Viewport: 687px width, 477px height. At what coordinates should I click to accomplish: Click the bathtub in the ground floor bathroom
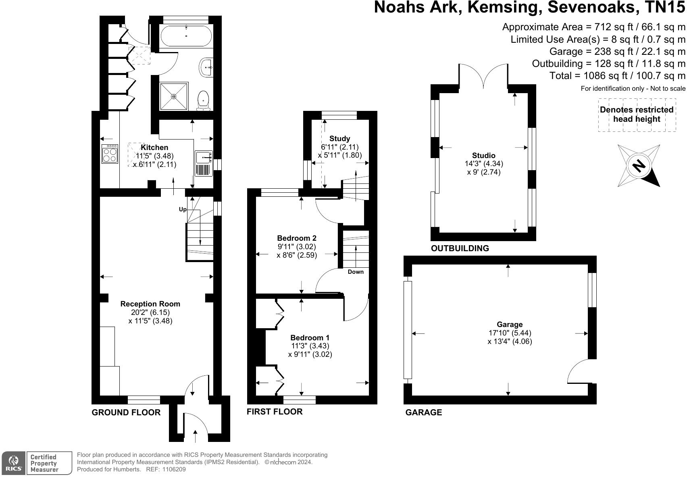point(186,35)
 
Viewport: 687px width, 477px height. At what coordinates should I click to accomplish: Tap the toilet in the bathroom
point(203,100)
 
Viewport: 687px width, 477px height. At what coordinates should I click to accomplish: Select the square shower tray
point(174,96)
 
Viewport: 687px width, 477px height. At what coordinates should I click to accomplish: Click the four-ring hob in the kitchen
point(110,154)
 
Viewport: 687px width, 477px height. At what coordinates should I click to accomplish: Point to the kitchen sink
point(204,163)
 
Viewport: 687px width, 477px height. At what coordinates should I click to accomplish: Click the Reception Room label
point(150,304)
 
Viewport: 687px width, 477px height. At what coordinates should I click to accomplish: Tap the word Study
point(339,138)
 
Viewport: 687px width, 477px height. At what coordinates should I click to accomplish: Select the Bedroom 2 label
point(297,238)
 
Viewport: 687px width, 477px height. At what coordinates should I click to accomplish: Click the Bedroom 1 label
point(310,337)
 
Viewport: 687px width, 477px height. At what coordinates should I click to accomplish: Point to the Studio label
point(484,155)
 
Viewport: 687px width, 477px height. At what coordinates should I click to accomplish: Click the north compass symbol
point(639,166)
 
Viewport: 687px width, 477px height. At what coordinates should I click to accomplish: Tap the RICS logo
point(13,463)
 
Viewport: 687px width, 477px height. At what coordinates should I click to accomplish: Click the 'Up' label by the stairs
point(183,210)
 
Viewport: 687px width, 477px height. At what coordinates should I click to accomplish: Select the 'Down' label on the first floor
point(356,272)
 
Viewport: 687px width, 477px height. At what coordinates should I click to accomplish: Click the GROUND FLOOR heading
point(126,412)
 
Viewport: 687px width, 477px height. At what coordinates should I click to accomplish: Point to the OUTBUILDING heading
point(460,248)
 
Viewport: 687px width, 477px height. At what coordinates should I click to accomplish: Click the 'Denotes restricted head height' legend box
point(637,115)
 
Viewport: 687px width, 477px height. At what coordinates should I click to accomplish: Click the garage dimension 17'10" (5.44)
point(510,333)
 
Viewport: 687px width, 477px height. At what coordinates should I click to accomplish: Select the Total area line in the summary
point(617,75)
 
